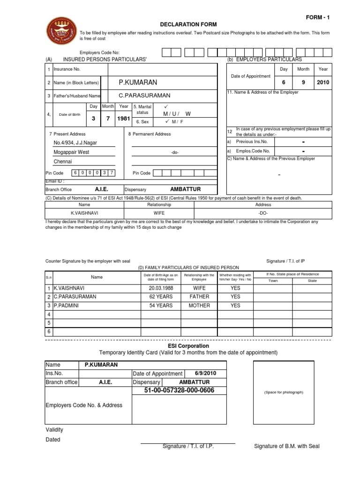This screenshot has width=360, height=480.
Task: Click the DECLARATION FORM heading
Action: pyautogui.click(x=183, y=24)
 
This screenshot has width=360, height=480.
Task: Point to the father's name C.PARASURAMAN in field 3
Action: pyautogui.click(x=144, y=95)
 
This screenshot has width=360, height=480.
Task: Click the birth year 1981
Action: pyautogui.click(x=123, y=119)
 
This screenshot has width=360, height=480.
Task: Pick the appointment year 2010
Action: pyautogui.click(x=323, y=82)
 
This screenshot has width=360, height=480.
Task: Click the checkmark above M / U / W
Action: pyautogui.click(x=165, y=107)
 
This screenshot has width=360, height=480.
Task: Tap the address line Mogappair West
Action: pyautogui.click(x=71, y=152)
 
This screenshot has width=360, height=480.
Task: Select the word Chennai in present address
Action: pyautogui.click(x=63, y=161)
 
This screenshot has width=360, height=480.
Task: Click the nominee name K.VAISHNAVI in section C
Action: pyautogui.click(x=84, y=212)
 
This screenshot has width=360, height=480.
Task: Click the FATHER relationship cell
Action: pyautogui.click(x=199, y=297)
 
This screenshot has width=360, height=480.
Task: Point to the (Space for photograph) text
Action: pyautogui.click(x=284, y=392)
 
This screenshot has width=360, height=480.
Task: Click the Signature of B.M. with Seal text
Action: pyautogui.click(x=286, y=446)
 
